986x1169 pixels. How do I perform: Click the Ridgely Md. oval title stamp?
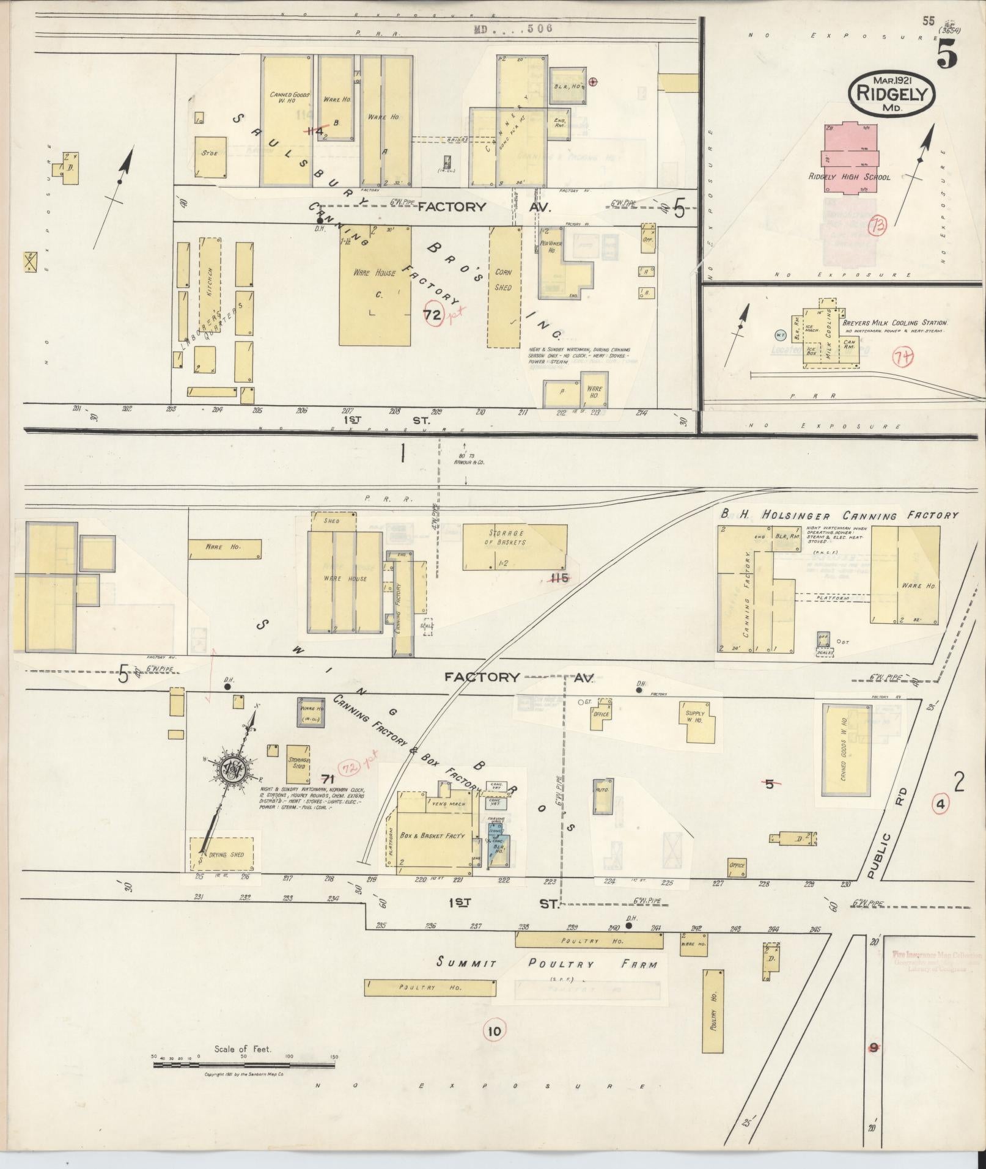tap(892, 93)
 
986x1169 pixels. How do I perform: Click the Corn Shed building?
tap(504, 287)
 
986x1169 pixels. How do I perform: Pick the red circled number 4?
tap(940, 805)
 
